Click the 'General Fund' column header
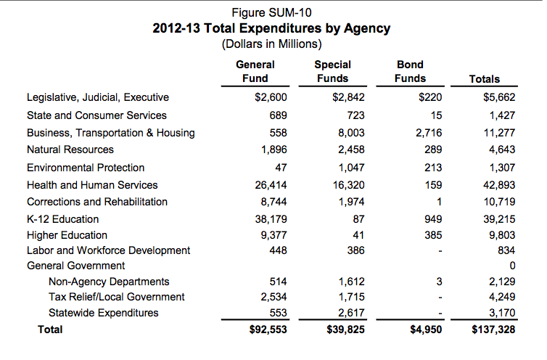[255, 71]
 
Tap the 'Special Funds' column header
[332, 71]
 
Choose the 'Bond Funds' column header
[410, 71]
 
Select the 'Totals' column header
[485, 78]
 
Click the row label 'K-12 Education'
[63, 218]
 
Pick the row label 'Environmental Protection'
[86, 167]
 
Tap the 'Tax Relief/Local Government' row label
[116, 296]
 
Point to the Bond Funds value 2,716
[428, 133]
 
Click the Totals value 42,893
[498, 185]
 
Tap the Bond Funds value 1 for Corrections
[440, 202]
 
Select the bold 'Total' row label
[51, 330]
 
